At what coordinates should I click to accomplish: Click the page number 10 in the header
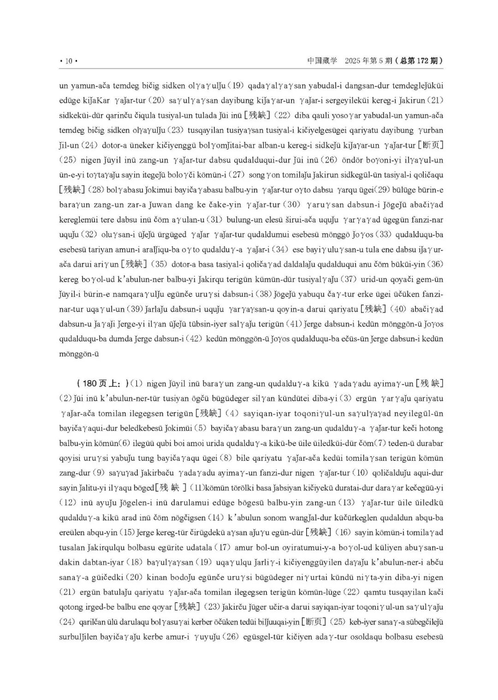[68, 61]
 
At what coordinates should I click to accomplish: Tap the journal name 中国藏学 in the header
[322, 60]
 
